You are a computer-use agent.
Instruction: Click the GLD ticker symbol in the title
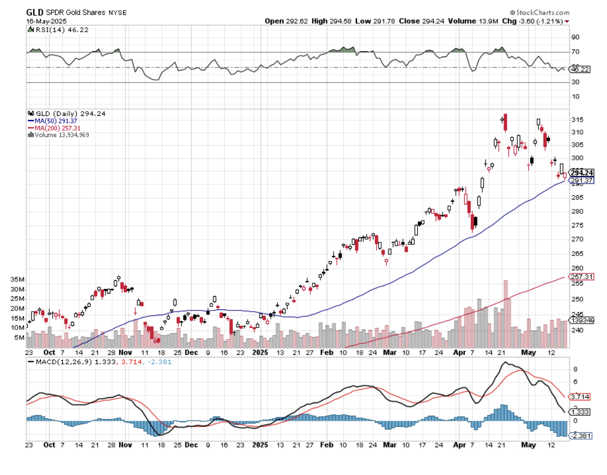[x=35, y=12]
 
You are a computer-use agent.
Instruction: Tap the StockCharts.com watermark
[x=540, y=12]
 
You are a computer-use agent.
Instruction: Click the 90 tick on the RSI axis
[x=575, y=37]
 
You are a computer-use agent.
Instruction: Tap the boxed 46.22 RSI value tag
[x=580, y=69]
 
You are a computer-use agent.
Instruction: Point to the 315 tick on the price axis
[x=577, y=120]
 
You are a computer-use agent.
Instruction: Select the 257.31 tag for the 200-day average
[x=581, y=277]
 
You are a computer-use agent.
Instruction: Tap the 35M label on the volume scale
[x=33, y=280]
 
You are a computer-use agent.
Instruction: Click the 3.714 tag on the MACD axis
[x=580, y=396]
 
